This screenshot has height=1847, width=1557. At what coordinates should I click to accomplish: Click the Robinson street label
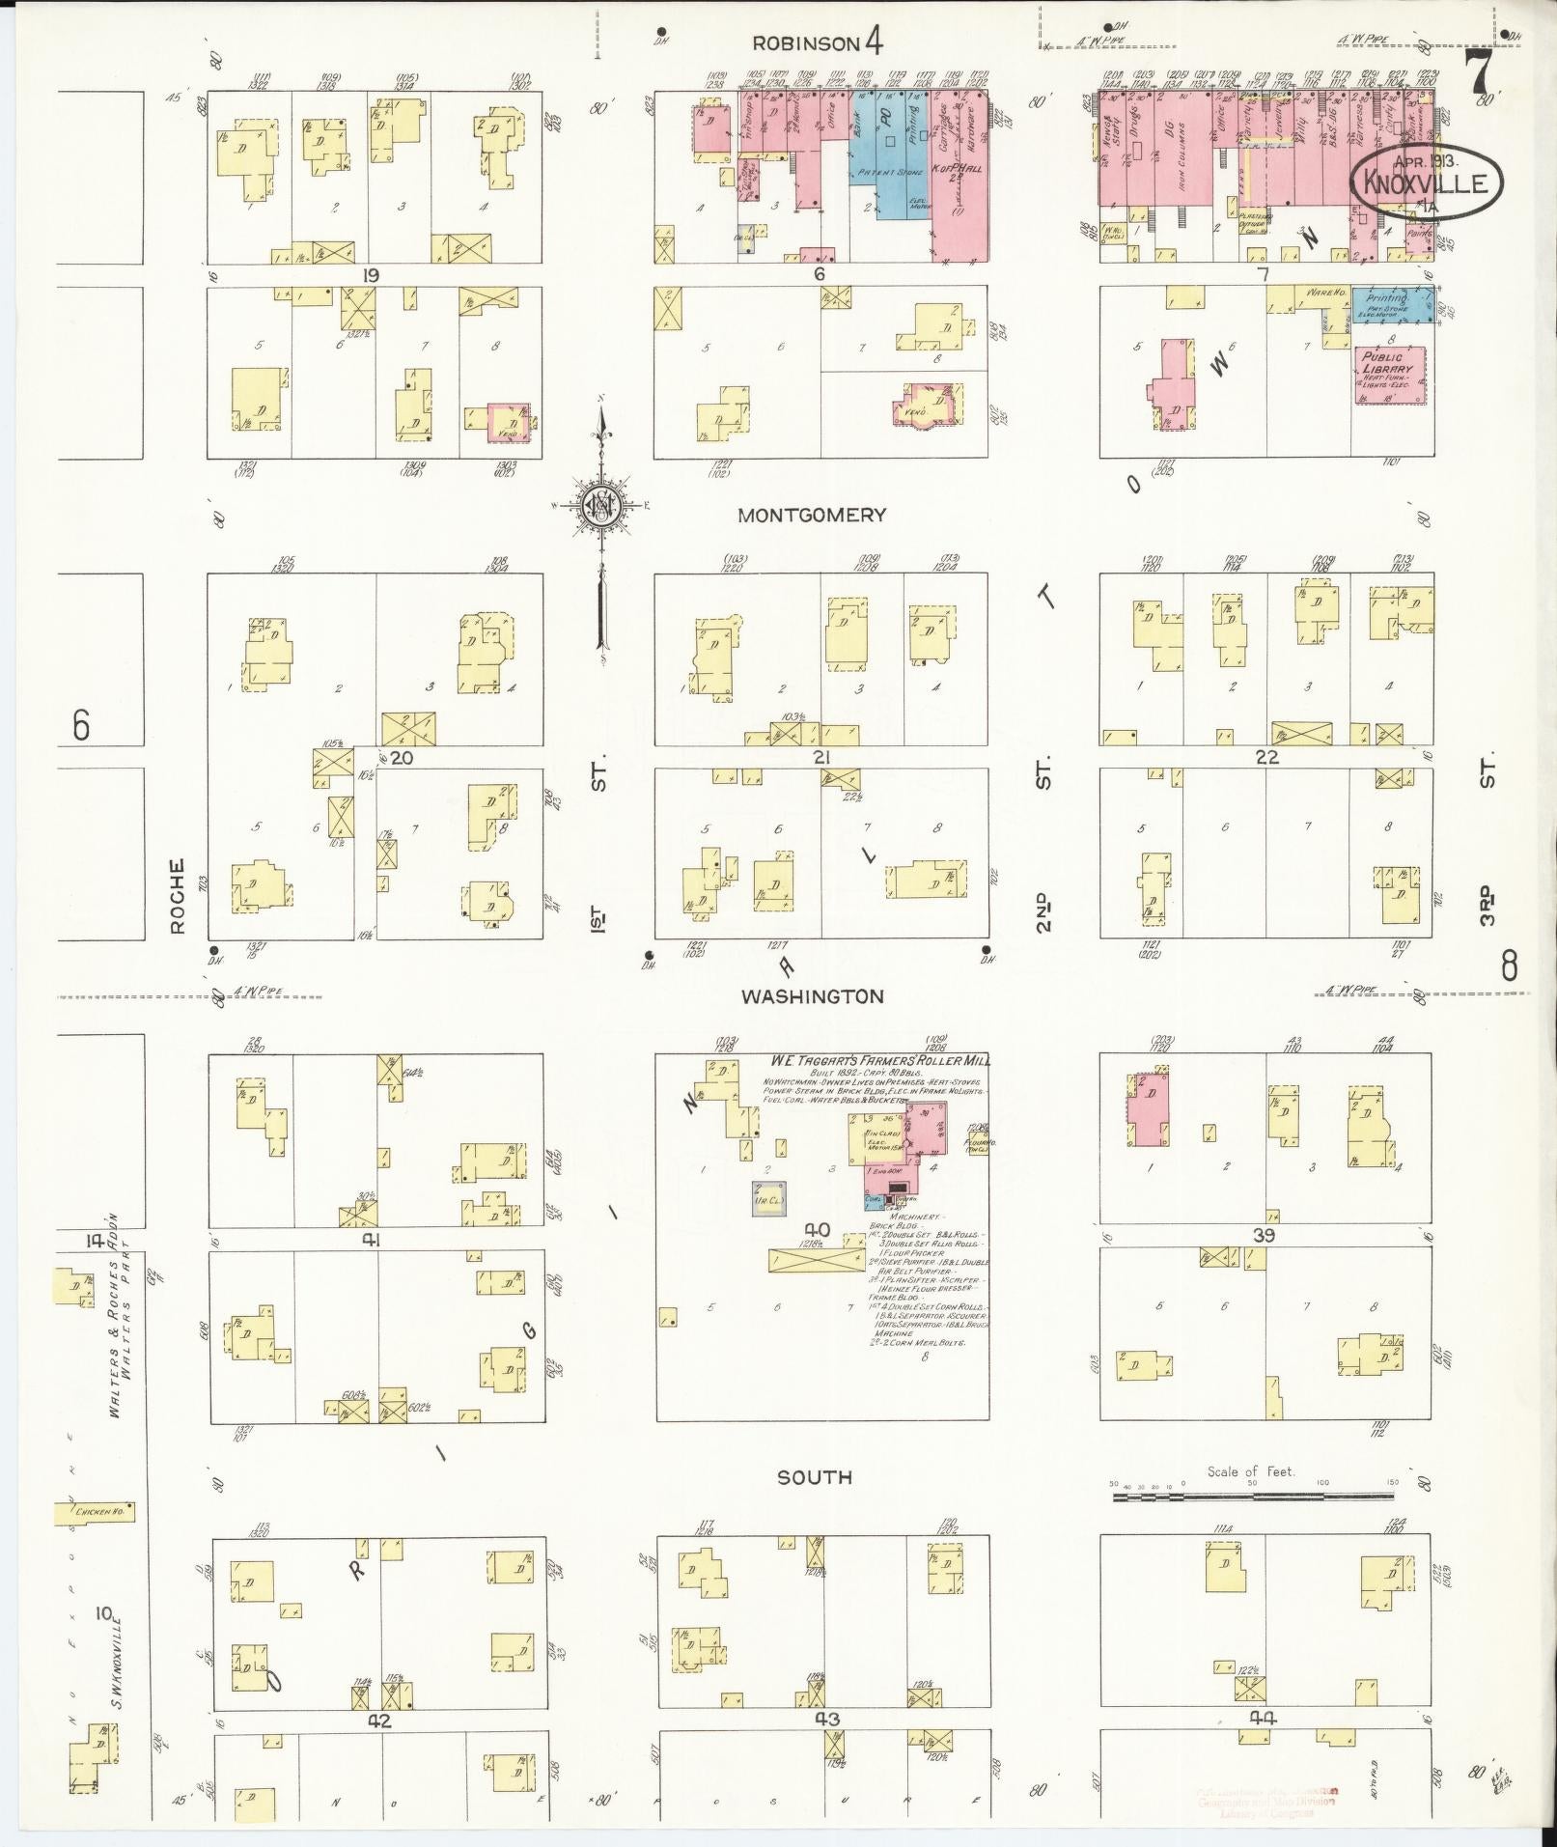(x=805, y=43)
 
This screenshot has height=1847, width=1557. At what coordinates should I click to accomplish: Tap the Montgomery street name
(x=811, y=516)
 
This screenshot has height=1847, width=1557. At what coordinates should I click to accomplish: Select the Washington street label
(x=812, y=996)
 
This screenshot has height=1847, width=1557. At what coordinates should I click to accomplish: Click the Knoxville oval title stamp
(x=1427, y=182)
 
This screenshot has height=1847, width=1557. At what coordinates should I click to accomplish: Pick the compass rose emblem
(x=600, y=505)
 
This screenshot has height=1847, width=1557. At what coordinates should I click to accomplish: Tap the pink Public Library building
(x=1389, y=375)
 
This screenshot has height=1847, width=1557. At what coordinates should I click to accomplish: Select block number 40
(x=817, y=1229)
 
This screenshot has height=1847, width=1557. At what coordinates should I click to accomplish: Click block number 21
(x=820, y=758)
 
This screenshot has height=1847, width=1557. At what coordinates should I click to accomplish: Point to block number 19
(x=369, y=276)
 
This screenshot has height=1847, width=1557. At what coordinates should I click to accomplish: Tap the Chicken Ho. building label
(x=96, y=1514)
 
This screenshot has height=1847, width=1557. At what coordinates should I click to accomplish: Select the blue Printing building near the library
(x=1390, y=304)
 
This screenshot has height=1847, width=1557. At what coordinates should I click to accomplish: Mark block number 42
(x=378, y=1720)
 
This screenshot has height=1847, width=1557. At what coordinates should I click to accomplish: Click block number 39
(x=1265, y=1237)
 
